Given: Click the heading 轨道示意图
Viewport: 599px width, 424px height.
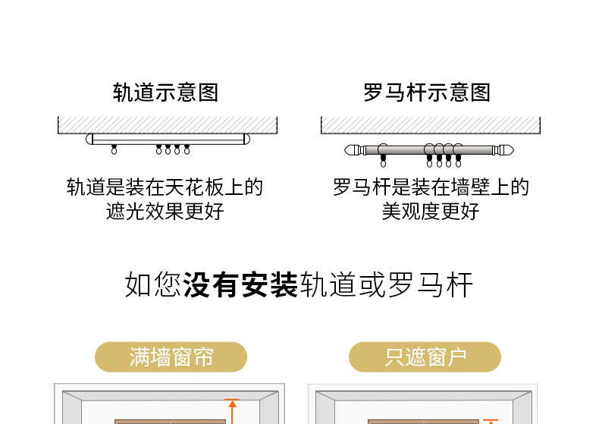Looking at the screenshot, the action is [165, 93].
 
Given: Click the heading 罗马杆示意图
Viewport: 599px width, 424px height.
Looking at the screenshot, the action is [427, 93].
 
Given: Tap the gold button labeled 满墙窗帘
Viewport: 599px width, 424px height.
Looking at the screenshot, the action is [171, 357].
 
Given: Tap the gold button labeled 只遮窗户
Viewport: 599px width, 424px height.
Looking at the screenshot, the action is [425, 357].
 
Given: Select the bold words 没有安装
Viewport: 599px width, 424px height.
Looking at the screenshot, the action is [240, 284].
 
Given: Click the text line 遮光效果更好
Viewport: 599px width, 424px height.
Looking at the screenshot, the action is [165, 211].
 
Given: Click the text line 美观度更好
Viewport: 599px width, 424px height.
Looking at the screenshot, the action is [431, 211].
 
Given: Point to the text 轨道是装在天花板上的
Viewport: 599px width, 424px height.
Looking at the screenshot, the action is [165, 187].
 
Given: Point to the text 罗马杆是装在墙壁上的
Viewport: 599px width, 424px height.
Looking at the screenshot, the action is [431, 187].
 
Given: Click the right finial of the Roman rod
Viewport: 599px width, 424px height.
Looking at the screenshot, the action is [503, 150].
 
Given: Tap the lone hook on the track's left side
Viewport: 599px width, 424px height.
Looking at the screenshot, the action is [114, 149].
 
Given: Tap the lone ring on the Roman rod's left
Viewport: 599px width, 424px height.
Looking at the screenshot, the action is [383, 155].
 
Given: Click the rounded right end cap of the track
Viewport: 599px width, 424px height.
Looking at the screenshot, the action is [246, 139].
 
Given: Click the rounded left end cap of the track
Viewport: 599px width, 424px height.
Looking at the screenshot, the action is [89, 139].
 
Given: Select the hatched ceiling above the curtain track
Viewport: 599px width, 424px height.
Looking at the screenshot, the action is [168, 125].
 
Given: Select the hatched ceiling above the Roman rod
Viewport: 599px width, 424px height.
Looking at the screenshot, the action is [431, 125].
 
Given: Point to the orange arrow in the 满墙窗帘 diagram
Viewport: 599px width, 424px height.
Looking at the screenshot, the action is [232, 411].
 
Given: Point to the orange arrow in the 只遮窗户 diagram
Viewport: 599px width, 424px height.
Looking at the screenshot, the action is [491, 421].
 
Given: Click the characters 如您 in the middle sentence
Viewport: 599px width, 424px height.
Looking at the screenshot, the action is [153, 284].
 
